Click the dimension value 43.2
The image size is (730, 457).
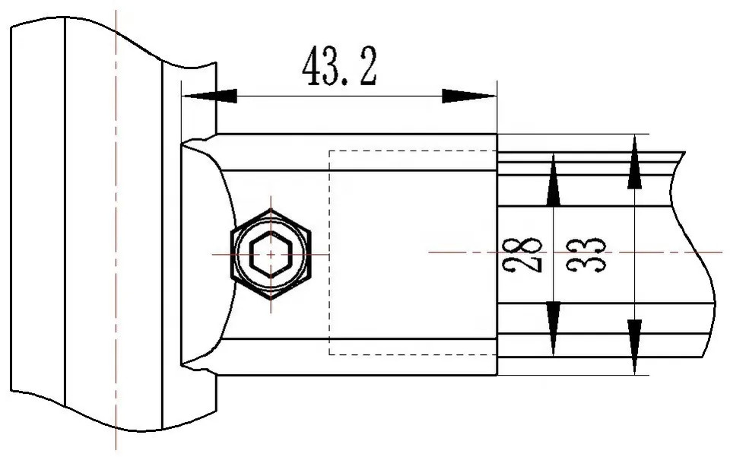[x=338, y=67]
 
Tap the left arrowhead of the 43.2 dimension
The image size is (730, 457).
[x=210, y=96]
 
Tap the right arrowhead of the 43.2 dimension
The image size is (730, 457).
[x=468, y=96]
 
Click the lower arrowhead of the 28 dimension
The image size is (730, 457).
[x=554, y=327]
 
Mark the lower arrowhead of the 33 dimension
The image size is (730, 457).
[x=634, y=346]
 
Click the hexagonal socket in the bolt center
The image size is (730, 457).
[x=270, y=254]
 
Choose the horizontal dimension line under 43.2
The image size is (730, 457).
[x=342, y=96]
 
